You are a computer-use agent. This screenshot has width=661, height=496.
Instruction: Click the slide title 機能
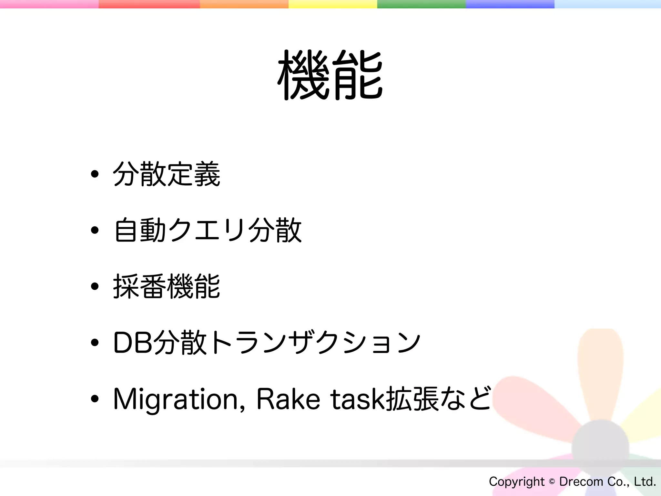pyautogui.click(x=330, y=75)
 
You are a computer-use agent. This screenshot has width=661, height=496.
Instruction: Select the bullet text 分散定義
pyautogui.click(x=167, y=174)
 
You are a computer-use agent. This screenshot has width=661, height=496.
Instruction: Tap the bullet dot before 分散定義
pyautogui.click(x=95, y=174)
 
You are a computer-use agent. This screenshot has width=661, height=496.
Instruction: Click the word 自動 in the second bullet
pyautogui.click(x=140, y=230)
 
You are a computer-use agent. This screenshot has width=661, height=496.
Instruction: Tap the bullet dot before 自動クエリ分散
pyautogui.click(x=95, y=230)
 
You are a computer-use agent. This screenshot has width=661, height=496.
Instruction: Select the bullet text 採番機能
pyautogui.click(x=167, y=286)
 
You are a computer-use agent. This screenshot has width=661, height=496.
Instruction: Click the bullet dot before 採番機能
pyautogui.click(x=95, y=286)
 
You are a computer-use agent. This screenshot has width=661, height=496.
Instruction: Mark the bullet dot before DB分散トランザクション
pyautogui.click(x=95, y=343)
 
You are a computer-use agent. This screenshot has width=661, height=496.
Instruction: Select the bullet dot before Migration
pyautogui.click(x=95, y=399)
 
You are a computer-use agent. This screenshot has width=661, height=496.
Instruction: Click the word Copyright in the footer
pyautogui.click(x=516, y=482)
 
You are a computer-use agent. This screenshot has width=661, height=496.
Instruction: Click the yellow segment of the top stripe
pyautogui.click(x=333, y=4)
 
